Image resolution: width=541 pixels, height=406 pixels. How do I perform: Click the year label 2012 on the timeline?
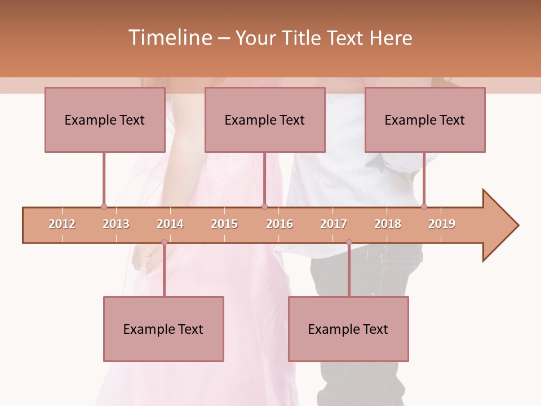(62, 224)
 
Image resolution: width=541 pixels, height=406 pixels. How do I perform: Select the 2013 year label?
(116, 224)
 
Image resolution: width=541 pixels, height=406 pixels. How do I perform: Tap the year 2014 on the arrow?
(170, 224)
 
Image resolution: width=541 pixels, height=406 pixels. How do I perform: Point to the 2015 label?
(224, 224)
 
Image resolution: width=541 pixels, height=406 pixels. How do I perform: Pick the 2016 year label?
(280, 224)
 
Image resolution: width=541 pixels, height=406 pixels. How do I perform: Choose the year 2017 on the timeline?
(334, 224)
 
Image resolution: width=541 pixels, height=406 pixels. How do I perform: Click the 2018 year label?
(388, 224)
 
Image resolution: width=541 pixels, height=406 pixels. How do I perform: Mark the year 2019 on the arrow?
(442, 224)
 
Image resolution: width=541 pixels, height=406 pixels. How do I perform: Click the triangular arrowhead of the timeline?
(499, 226)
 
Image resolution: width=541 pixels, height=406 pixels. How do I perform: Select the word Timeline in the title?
(168, 38)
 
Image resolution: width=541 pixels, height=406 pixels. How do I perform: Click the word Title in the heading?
(302, 38)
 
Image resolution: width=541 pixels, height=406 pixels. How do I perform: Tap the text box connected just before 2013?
(105, 120)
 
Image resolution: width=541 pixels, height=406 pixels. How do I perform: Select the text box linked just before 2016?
(265, 120)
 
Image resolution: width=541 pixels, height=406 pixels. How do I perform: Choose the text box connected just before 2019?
(425, 120)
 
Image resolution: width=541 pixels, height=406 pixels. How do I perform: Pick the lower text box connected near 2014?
(163, 329)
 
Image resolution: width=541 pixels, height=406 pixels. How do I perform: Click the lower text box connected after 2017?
(348, 329)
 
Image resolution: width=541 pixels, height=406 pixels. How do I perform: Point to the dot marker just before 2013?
(104, 207)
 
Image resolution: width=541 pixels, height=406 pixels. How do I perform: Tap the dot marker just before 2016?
(264, 207)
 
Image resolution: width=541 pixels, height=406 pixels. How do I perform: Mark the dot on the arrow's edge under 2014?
(164, 242)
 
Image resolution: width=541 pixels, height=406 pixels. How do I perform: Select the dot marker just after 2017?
(349, 242)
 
